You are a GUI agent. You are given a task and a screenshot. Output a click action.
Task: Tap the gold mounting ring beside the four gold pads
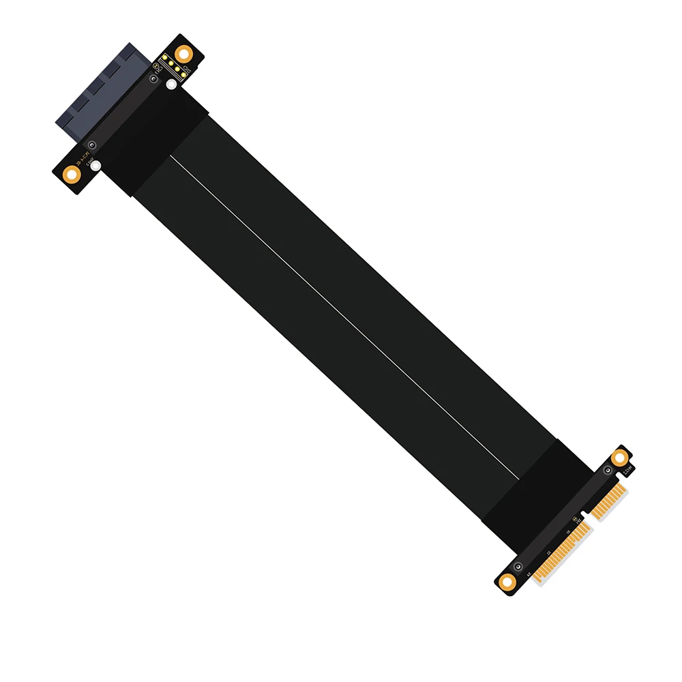183,54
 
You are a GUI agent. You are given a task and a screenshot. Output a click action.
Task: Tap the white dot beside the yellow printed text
96,166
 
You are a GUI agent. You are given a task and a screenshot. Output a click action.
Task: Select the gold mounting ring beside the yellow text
70,174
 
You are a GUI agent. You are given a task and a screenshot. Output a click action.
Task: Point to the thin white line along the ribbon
341,314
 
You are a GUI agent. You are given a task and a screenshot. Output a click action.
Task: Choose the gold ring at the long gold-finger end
506,581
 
